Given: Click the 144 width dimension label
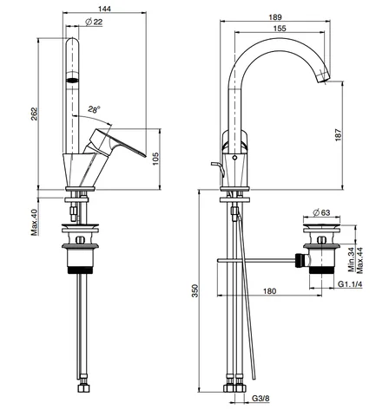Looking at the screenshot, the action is [x=104, y=9].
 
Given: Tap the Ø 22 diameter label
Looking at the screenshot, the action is [x=94, y=22].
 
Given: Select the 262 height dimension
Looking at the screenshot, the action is [x=34, y=114].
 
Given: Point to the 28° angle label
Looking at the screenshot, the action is [x=95, y=109].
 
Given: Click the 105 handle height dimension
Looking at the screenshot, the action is [x=155, y=159].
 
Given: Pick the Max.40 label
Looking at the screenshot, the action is [x=35, y=222].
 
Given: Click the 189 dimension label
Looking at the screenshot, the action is [x=275, y=17].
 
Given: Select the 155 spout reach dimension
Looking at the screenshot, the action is [x=280, y=29].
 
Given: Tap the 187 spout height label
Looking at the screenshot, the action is [x=338, y=135].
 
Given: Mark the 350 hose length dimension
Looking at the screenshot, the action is [x=195, y=291].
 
